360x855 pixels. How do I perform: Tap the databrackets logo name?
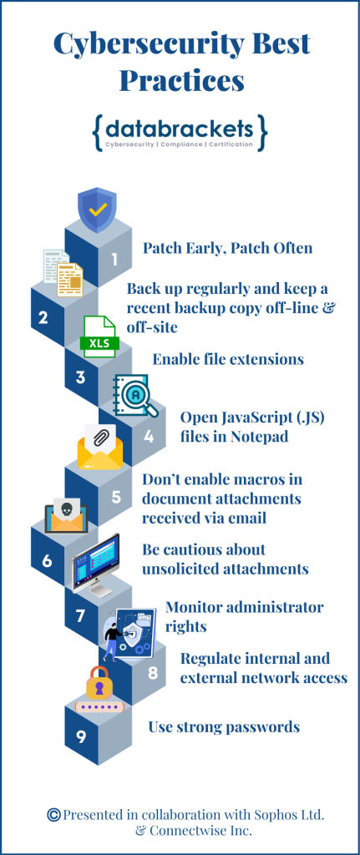(180, 130)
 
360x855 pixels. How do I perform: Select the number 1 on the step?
(114, 259)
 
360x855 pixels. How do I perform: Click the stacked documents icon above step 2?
(62, 272)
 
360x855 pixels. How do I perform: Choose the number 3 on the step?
(80, 377)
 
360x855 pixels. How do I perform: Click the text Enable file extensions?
(227, 359)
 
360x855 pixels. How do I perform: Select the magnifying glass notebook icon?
(132, 396)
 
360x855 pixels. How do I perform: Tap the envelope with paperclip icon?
(99, 447)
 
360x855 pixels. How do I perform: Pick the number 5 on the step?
(115, 497)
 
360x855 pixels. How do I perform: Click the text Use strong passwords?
(224, 726)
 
